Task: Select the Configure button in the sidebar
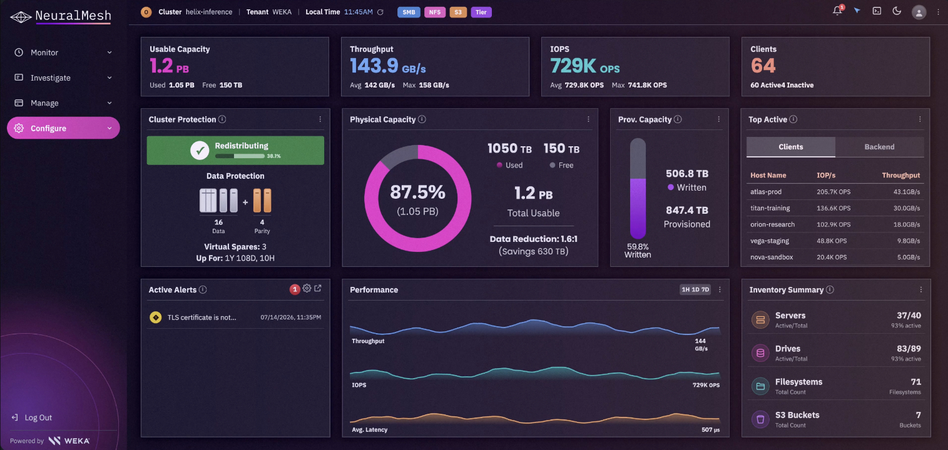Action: (63, 128)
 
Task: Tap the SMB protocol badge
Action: (409, 12)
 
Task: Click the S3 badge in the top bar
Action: (458, 12)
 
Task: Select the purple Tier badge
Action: (481, 12)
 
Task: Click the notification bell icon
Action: (837, 11)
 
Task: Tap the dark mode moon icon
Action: (897, 11)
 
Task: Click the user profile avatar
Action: (919, 12)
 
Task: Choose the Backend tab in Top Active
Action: (879, 147)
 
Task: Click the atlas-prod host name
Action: (766, 192)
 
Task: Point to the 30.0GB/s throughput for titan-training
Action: (907, 208)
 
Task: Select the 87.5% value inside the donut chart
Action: (418, 192)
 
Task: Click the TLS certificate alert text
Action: (202, 317)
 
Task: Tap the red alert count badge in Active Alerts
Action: (295, 289)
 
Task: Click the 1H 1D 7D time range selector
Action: (695, 289)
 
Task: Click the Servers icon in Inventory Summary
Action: (760, 320)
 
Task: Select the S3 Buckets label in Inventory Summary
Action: (797, 415)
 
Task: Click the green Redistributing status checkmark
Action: (200, 150)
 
